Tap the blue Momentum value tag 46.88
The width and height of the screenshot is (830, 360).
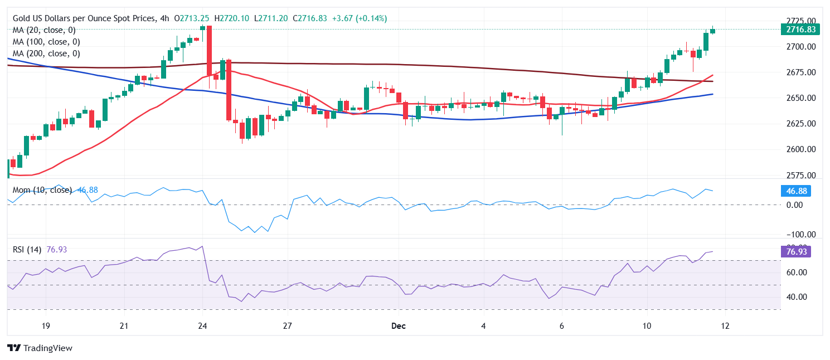coord(795,191)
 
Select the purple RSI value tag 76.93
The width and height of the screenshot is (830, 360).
coord(795,251)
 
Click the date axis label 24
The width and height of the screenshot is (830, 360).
coord(203,325)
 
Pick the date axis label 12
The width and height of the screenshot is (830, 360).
coord(724,325)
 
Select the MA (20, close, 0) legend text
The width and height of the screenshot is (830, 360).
coord(44,30)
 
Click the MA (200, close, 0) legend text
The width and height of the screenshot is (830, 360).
coord(46,53)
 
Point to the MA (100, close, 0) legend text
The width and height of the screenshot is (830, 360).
coord(46,42)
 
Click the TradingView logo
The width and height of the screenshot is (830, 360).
coord(40,348)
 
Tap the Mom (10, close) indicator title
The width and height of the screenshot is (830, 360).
coord(42,190)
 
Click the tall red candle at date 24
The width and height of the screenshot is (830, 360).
coord(209,50)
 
